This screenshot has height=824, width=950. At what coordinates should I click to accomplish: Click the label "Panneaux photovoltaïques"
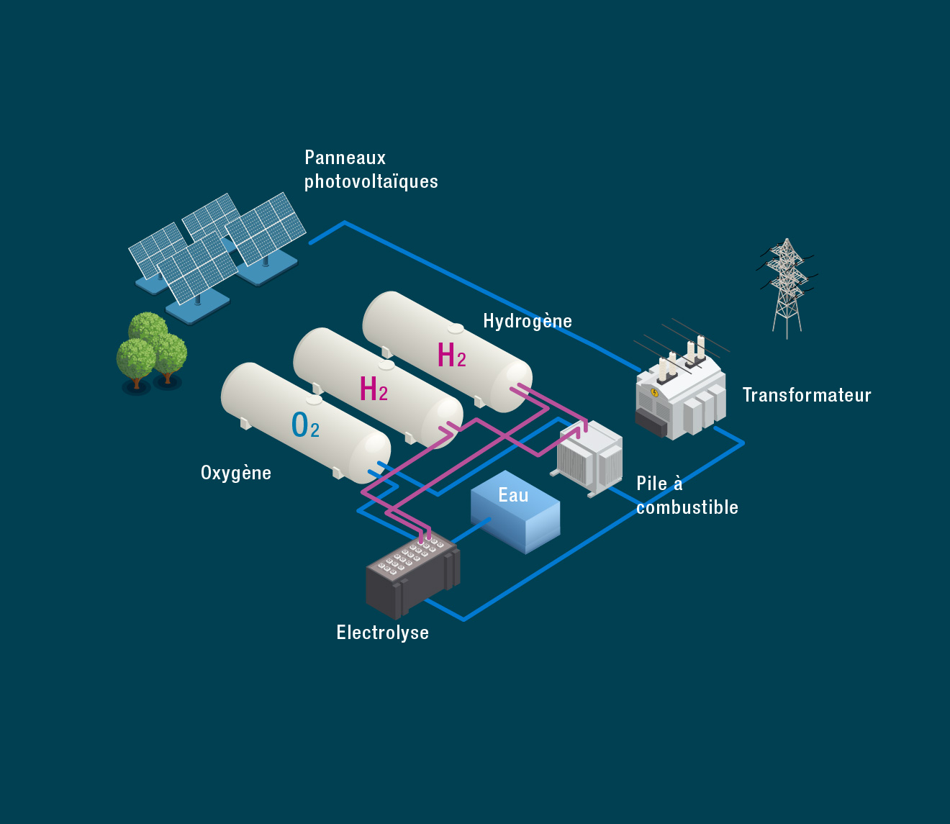click(371, 170)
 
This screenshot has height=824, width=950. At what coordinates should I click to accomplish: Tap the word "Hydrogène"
click(528, 321)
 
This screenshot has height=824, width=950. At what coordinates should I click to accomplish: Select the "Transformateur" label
click(806, 395)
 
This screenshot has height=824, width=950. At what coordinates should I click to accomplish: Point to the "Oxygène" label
click(236, 473)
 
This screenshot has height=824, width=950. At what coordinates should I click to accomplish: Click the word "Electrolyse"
click(382, 633)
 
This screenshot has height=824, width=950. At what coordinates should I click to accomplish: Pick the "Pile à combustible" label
click(687, 496)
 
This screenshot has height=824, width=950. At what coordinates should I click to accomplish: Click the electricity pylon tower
click(787, 288)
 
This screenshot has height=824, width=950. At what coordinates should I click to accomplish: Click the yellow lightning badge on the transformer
click(654, 392)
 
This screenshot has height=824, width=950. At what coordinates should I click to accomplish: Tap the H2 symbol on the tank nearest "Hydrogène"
click(452, 356)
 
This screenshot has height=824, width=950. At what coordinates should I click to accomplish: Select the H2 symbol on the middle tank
click(374, 389)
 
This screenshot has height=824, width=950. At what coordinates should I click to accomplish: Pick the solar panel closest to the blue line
click(266, 230)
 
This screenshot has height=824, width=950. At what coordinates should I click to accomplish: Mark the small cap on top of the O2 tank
click(314, 399)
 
